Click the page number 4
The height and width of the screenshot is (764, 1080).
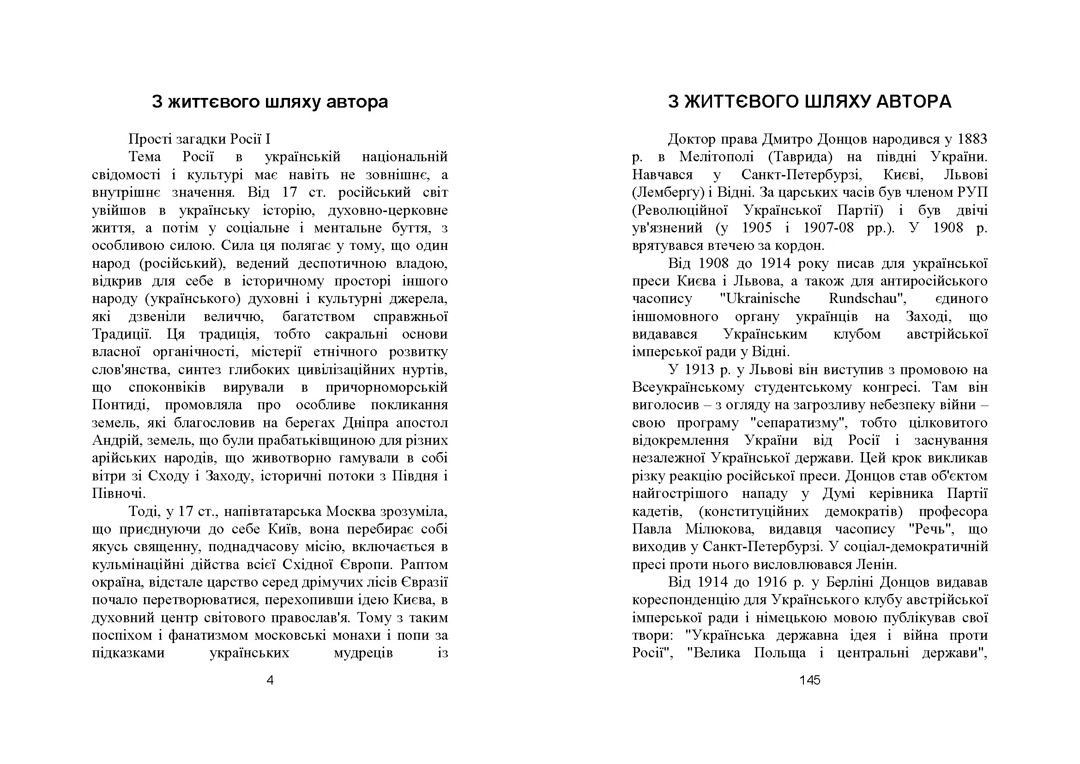point(270,680)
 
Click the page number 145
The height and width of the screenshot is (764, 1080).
point(809,680)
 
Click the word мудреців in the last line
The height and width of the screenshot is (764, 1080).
point(362,653)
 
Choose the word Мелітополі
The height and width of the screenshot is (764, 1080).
point(717,157)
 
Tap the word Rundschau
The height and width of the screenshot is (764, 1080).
point(867,299)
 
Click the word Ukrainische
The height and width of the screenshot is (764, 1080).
point(760,299)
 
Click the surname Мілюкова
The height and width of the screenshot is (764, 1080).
point(720,529)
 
